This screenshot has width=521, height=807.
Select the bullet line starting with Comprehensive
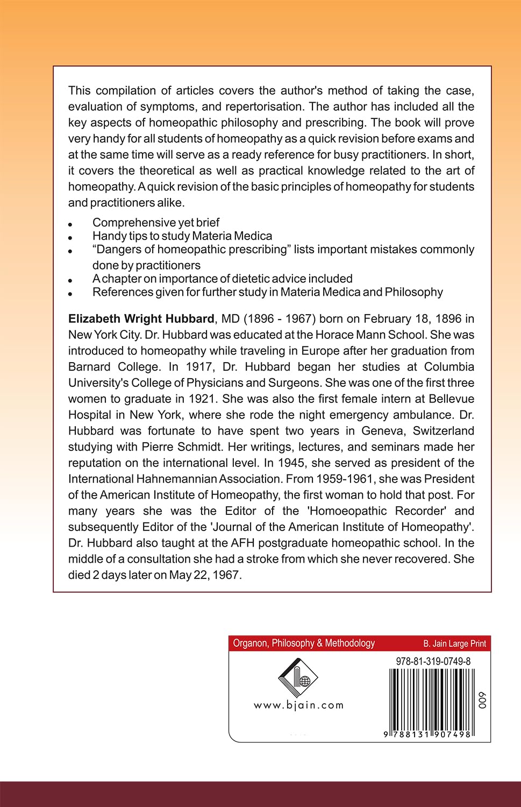pos(156,222)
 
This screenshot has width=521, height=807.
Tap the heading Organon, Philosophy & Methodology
pos(304,643)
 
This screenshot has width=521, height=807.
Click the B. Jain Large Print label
pos(454,643)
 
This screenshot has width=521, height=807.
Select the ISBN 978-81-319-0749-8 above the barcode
pos(433,661)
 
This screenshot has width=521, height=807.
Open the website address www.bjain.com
pos(298,705)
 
